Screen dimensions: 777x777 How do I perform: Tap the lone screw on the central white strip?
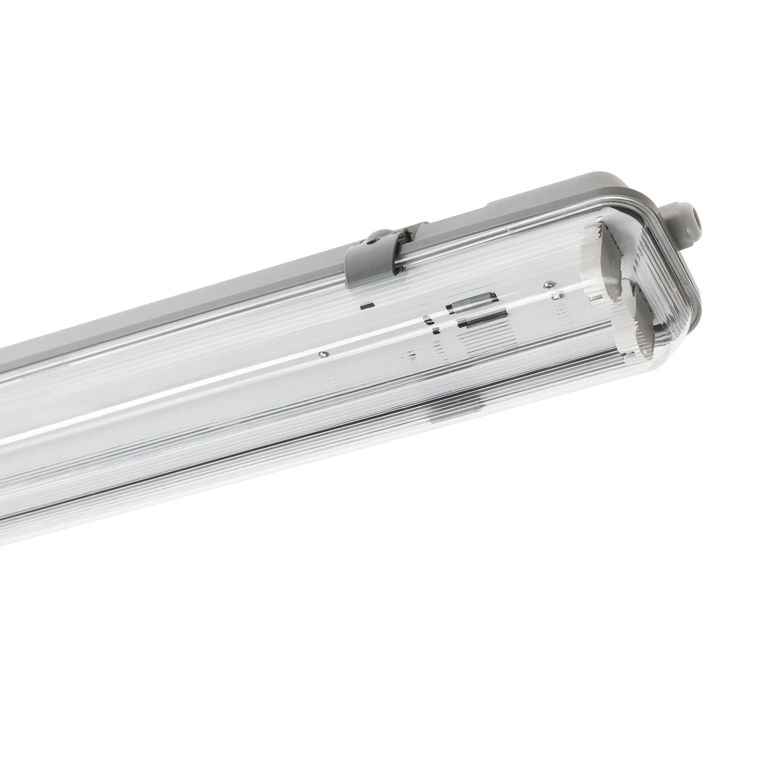323,355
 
